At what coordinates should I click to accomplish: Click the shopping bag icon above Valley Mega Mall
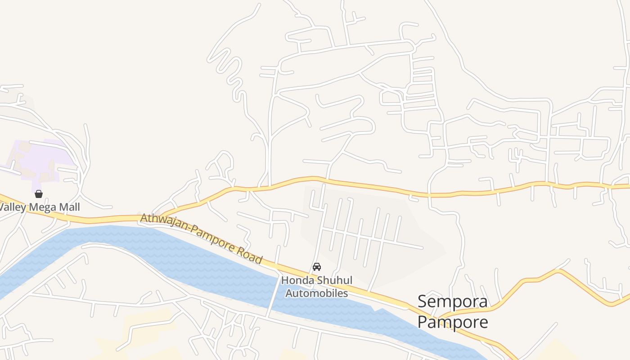point(39,194)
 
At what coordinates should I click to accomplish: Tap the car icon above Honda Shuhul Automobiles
point(317,266)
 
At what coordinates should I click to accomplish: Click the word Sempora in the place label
point(452,301)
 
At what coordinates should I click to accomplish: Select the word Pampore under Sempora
point(452,322)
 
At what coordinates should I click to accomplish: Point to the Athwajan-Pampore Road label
point(201,238)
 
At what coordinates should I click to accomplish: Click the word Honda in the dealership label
point(297,280)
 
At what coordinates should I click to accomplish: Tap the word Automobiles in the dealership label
point(317,293)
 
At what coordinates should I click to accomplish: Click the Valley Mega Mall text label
point(40,207)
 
